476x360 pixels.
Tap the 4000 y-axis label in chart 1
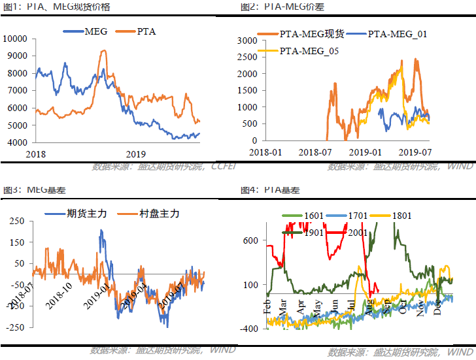[17, 142]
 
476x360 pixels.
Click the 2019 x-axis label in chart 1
[135, 154]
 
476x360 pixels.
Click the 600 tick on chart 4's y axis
[250, 240]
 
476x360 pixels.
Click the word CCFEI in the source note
[224, 166]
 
